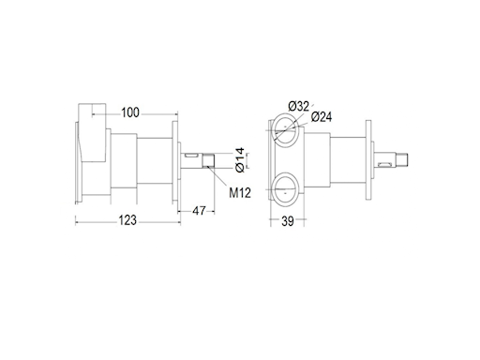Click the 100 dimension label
coord(130,112)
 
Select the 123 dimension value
coord(128,220)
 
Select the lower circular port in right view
coord(283,187)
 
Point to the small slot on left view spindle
coord(190,153)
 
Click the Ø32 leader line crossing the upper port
coord(286,124)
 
